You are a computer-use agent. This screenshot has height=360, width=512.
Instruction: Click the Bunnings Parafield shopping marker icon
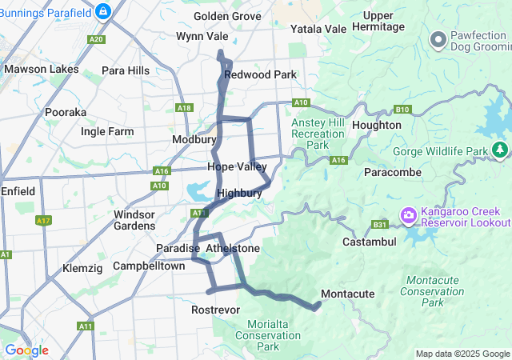(102, 11)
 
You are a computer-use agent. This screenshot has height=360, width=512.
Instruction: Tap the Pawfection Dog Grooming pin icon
(438, 38)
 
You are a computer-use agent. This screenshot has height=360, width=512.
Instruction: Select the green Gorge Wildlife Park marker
(500, 150)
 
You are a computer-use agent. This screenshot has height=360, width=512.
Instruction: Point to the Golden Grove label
(227, 16)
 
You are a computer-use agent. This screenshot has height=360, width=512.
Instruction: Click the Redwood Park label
(260, 74)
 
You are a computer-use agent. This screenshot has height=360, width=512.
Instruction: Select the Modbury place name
(194, 139)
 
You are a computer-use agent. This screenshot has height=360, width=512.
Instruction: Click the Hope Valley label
(237, 166)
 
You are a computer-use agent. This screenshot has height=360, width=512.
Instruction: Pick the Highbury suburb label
(239, 193)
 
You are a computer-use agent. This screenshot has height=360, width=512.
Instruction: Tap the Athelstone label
(233, 249)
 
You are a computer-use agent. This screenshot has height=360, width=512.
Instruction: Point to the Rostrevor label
(216, 309)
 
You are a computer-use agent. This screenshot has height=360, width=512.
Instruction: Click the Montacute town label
(347, 294)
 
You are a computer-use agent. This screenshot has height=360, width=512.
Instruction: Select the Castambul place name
(369, 242)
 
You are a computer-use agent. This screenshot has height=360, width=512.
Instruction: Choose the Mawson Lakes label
(42, 69)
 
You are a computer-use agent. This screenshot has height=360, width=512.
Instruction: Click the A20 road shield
(97, 39)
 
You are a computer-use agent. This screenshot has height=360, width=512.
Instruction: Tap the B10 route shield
(402, 110)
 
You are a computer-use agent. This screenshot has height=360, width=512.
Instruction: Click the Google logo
(26, 350)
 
